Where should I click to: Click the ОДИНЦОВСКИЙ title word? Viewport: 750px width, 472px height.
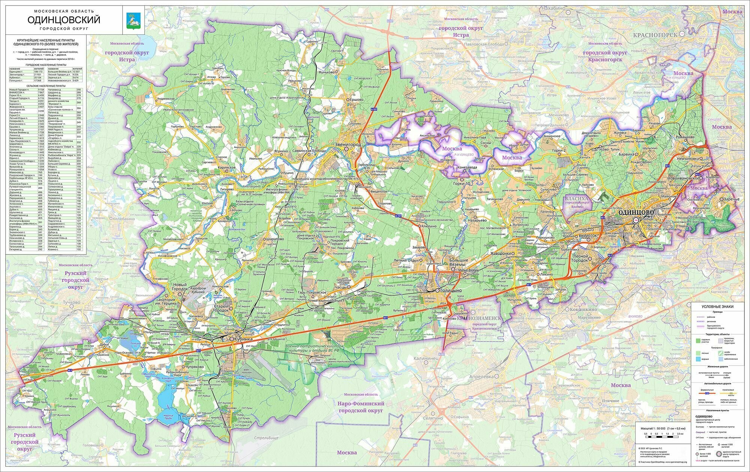(64, 19)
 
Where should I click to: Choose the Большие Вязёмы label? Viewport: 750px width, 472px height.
(459, 262)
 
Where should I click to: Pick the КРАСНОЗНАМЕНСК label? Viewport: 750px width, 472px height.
(478, 318)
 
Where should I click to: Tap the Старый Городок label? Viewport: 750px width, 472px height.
(221, 309)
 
